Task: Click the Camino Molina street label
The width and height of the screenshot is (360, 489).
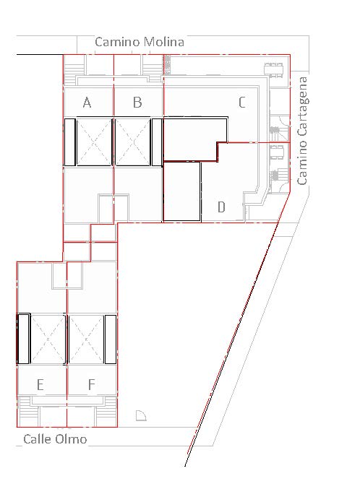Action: [x=140, y=42]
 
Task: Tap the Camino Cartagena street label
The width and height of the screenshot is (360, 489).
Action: [x=302, y=131]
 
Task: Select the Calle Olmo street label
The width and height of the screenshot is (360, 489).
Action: [x=55, y=439]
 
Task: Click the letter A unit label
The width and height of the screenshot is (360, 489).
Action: [x=87, y=103]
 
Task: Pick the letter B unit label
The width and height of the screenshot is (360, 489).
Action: [x=137, y=103]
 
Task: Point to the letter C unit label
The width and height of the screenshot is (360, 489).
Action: [x=242, y=103]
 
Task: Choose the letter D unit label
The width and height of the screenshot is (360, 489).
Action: [x=221, y=207]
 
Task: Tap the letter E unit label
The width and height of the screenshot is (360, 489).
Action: [x=40, y=385]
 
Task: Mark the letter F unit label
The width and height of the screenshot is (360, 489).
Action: [x=91, y=384]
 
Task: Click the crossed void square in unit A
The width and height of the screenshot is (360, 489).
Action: [x=94, y=142]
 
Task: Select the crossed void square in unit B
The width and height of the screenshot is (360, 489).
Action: [x=133, y=142]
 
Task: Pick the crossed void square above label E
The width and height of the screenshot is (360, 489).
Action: [x=48, y=339]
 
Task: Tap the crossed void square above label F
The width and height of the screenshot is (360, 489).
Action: [x=86, y=339]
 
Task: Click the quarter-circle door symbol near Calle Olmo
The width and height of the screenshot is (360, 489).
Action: [x=141, y=416]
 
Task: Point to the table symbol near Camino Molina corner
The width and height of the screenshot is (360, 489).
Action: [x=273, y=70]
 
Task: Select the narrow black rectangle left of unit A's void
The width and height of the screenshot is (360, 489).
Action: [x=69, y=142]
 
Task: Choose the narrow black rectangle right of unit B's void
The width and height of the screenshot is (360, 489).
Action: [x=157, y=142]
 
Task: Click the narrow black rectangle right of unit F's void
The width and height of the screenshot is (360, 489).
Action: [x=111, y=339]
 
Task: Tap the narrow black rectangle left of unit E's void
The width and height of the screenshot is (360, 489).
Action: [x=23, y=339]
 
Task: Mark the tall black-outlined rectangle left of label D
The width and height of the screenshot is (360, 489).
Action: [x=181, y=191]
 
